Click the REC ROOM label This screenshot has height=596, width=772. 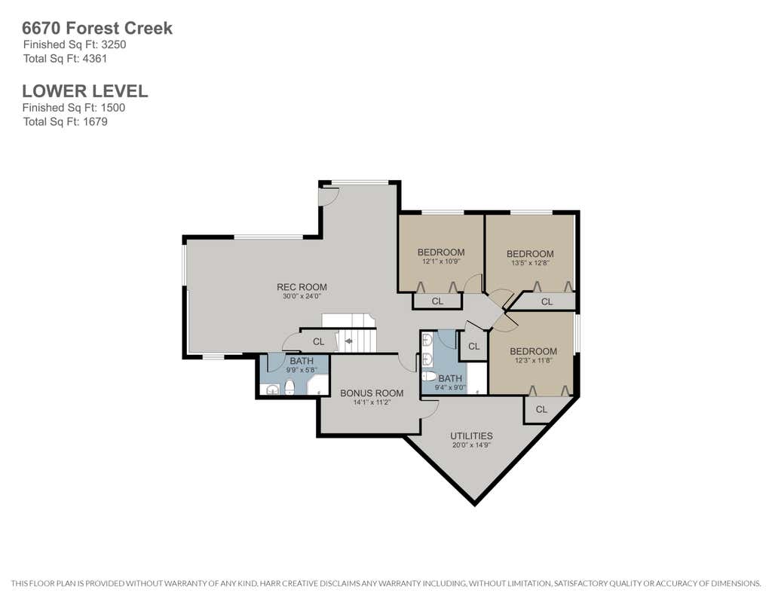click(302, 287)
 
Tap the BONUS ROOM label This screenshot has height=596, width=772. click(372, 393)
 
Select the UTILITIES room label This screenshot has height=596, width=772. click(471, 436)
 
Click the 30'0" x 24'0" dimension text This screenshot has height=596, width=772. click(302, 296)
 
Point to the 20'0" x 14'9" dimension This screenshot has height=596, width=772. click(472, 445)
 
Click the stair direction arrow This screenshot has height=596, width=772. click(348, 341)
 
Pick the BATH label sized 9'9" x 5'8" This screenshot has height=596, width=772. click(302, 361)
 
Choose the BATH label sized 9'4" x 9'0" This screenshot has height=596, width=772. click(450, 378)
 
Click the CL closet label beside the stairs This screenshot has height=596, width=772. click(319, 341)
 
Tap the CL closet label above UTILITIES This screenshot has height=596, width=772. click(541, 409)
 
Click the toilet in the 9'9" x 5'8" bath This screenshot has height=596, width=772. click(289, 387)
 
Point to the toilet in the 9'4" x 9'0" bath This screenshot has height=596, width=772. click(430, 377)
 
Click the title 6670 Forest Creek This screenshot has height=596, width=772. click(97, 28)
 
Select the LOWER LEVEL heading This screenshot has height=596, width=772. click(84, 91)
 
